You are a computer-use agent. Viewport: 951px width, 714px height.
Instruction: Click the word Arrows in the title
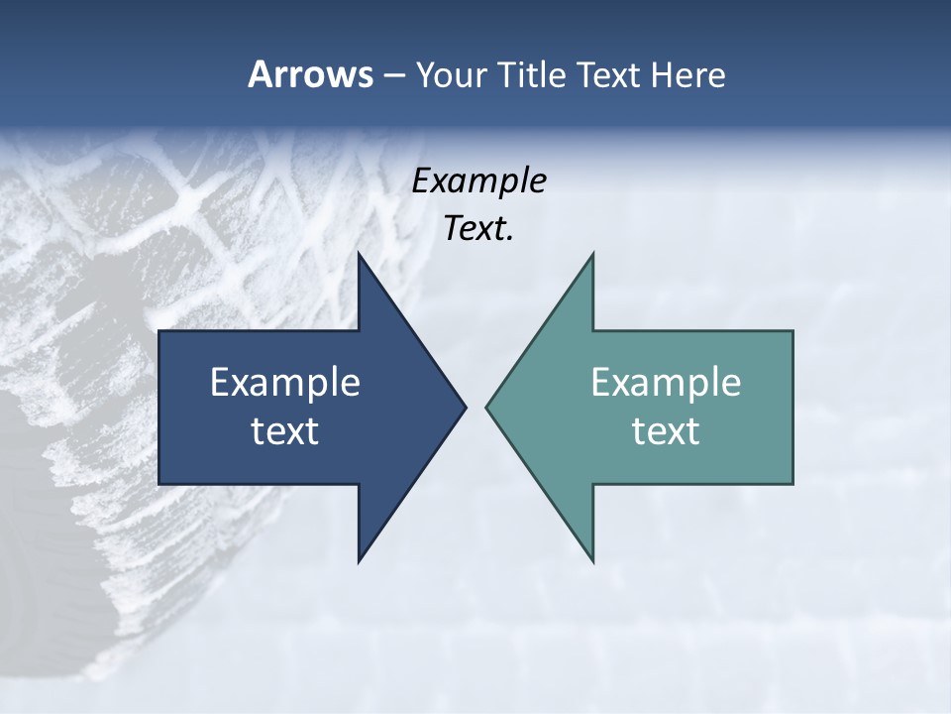click(309, 74)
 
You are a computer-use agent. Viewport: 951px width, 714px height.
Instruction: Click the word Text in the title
click(609, 74)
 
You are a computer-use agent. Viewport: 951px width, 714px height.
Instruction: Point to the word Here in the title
click(687, 74)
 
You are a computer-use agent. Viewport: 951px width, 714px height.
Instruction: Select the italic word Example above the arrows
click(478, 181)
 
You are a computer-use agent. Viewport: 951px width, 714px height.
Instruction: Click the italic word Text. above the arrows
click(478, 229)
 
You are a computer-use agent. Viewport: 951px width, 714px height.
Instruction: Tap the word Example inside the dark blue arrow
click(285, 383)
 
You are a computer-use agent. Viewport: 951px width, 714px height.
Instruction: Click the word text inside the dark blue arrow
click(285, 431)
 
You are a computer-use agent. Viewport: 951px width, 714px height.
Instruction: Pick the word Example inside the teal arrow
click(666, 383)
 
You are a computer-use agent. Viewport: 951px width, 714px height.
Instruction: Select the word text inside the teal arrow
click(666, 431)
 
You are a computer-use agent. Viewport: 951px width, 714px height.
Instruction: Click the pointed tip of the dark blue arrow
click(465, 407)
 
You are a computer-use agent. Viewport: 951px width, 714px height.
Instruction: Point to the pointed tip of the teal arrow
click(487, 407)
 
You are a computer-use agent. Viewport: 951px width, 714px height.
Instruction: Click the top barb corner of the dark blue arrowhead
click(359, 254)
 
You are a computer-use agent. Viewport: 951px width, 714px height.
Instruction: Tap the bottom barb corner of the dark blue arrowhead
click(359, 561)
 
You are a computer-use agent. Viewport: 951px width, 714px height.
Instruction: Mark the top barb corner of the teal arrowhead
click(592, 254)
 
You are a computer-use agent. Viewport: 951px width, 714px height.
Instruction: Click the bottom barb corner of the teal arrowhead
click(592, 561)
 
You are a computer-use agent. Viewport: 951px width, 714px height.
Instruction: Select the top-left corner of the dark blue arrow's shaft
click(159, 331)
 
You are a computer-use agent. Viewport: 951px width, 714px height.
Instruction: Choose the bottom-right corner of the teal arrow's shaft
click(792, 484)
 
